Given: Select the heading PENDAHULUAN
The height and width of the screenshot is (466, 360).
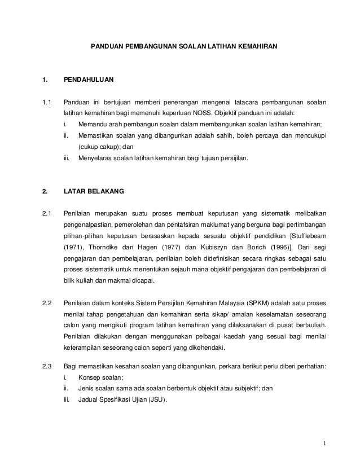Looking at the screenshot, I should coord(89,81).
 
